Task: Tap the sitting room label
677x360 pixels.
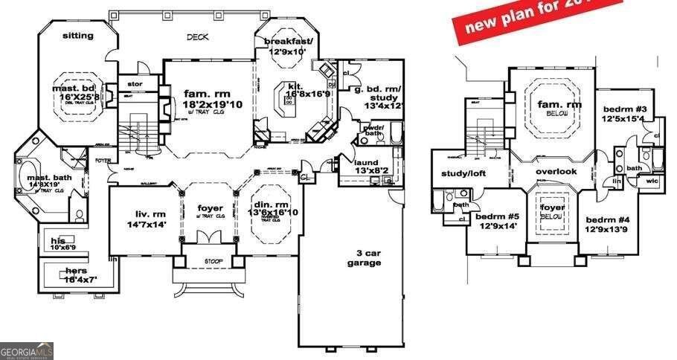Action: tap(77, 35)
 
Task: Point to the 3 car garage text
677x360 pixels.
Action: tap(364, 257)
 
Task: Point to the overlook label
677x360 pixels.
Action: tap(556, 171)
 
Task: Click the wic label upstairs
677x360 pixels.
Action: tap(652, 181)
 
